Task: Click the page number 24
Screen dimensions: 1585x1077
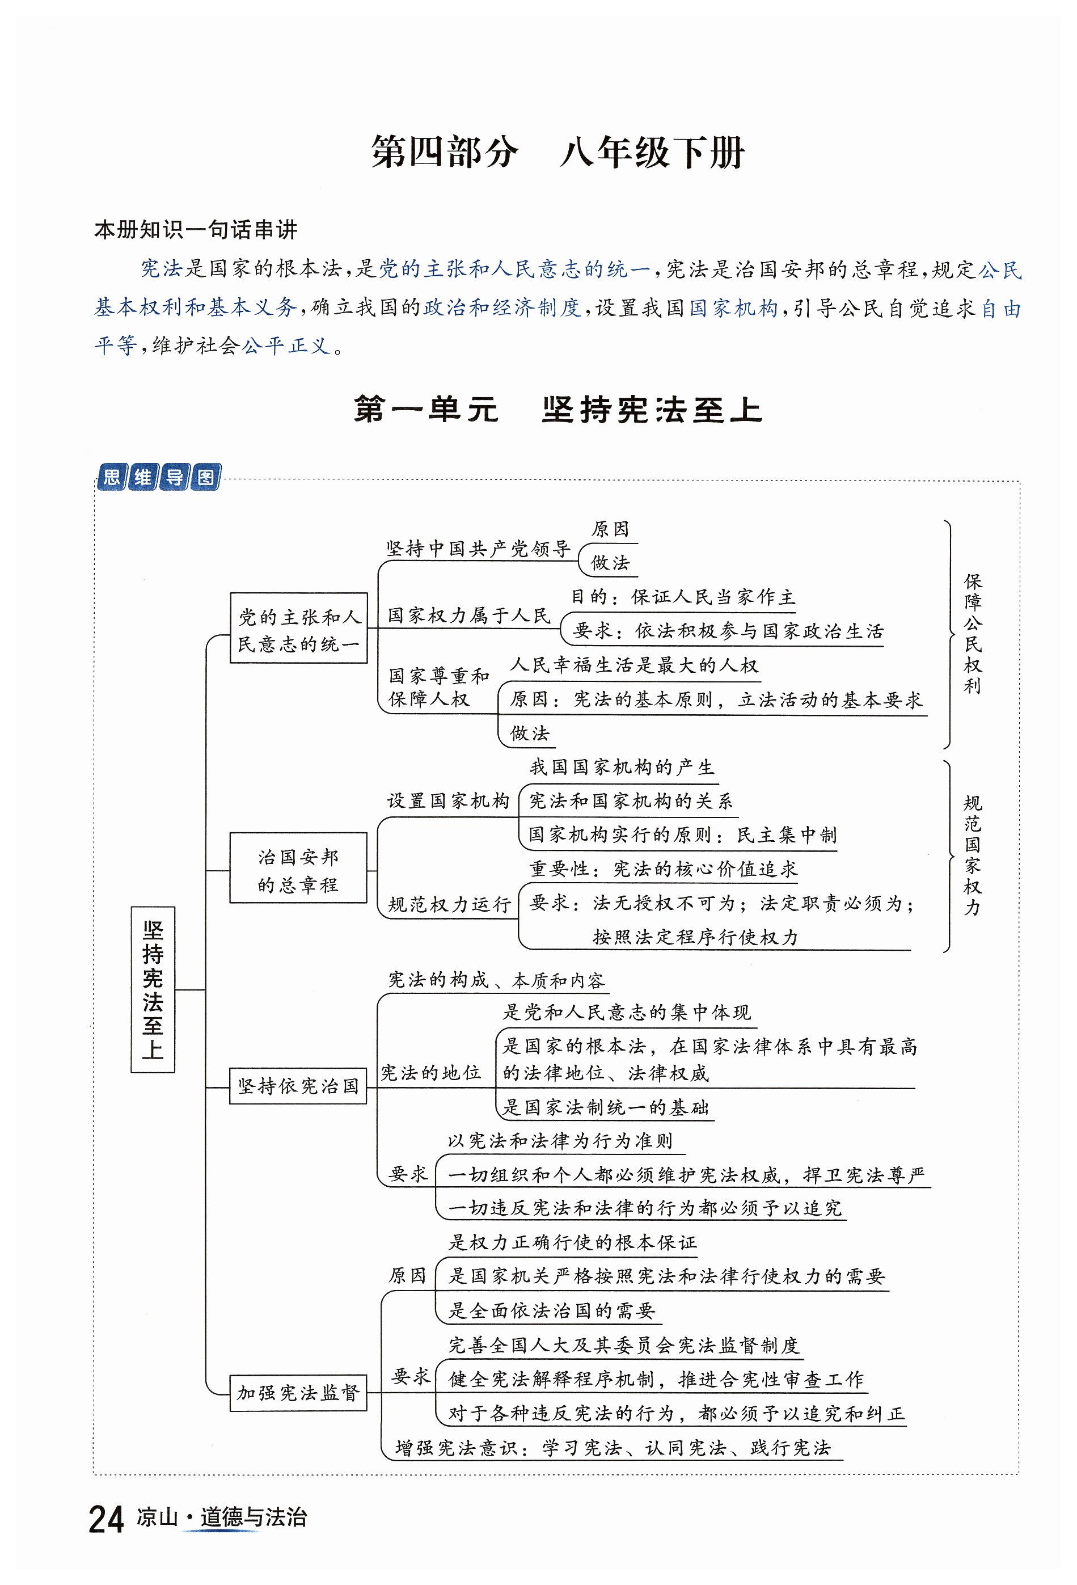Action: [x=105, y=1520]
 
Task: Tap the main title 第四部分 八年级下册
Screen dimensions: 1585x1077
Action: [x=557, y=151]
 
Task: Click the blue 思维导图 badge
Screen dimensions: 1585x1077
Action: [x=159, y=477]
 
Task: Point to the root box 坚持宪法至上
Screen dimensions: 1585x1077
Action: [x=153, y=989]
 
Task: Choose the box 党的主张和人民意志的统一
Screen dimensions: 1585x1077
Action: [x=298, y=628]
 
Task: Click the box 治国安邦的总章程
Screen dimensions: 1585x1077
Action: [x=298, y=868]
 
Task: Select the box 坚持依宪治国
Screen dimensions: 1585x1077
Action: [x=298, y=1086]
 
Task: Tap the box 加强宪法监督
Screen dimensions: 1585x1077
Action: [x=298, y=1393]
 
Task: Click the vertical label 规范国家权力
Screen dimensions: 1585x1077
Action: [x=972, y=854]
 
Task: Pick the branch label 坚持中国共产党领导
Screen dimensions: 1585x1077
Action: [x=478, y=549]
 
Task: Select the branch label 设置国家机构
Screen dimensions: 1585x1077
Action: [x=448, y=800]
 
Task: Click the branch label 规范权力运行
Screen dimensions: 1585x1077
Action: [x=449, y=904]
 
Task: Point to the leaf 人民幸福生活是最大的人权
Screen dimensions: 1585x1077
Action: [x=634, y=665]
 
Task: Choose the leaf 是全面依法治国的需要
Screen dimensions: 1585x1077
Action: [x=551, y=1310]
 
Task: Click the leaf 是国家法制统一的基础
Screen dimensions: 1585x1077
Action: [x=605, y=1107]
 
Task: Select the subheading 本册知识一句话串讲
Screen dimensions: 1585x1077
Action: [x=196, y=230]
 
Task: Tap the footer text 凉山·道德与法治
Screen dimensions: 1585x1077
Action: [x=222, y=1517]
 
